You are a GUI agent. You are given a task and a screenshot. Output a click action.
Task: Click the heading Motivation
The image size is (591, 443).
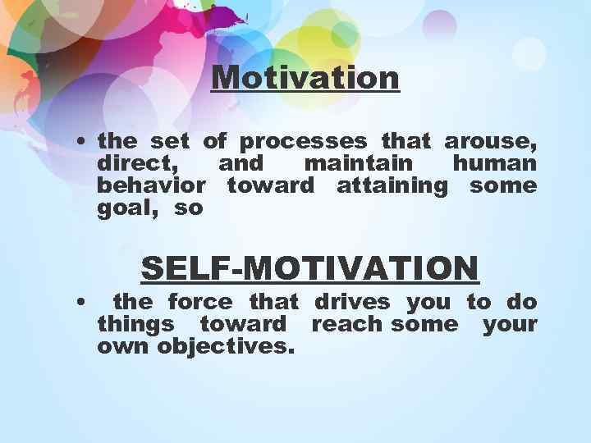[305, 79]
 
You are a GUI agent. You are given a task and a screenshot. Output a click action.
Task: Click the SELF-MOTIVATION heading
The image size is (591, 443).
[309, 268]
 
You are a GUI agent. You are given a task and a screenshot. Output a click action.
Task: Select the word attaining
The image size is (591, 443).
[392, 186]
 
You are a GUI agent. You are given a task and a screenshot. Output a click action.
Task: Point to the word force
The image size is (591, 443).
[195, 302]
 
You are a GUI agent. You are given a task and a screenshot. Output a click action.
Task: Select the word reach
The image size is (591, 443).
[347, 323]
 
